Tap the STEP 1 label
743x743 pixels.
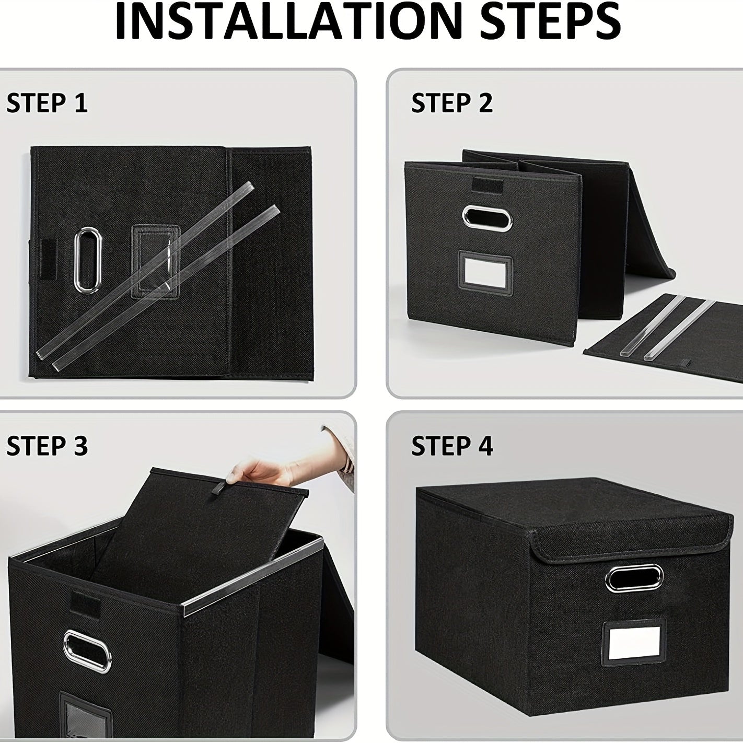point(47,103)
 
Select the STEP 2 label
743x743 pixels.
point(452,103)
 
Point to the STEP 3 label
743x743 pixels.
point(47,446)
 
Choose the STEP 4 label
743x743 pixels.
point(452,446)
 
